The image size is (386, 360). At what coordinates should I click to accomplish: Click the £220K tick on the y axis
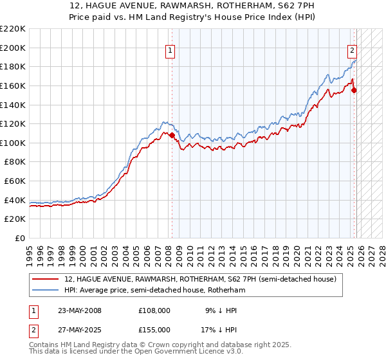point(12,29)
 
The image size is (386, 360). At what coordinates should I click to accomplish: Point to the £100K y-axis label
point(12,143)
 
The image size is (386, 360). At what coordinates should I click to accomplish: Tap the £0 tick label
point(19,238)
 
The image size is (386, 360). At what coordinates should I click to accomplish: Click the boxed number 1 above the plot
point(170,51)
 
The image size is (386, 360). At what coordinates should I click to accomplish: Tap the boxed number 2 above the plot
point(353,51)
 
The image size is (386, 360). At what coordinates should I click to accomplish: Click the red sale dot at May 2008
point(172,135)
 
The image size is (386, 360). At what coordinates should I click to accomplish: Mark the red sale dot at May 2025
point(354,91)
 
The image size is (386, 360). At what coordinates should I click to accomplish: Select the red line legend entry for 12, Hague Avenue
point(200,279)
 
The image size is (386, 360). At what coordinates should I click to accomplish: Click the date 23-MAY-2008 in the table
point(79,310)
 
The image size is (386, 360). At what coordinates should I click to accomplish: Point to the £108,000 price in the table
point(154,310)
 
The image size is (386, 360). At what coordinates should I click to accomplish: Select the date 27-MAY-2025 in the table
point(79,330)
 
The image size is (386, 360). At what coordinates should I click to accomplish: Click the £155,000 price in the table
point(154,330)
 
